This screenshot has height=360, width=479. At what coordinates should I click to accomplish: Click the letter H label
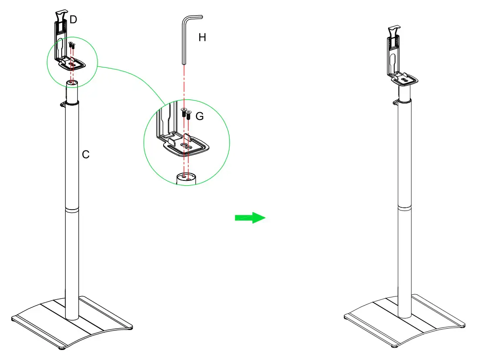click(x=202, y=38)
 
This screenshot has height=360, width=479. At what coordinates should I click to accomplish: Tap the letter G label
click(x=200, y=117)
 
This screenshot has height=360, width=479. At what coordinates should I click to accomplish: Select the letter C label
click(x=86, y=154)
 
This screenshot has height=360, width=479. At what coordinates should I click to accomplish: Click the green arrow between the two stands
click(x=250, y=218)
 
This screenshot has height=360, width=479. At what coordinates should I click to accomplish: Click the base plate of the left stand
click(x=72, y=322)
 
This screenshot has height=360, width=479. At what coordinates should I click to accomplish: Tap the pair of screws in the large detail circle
click(x=186, y=113)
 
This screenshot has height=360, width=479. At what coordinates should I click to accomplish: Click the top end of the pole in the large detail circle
click(x=186, y=177)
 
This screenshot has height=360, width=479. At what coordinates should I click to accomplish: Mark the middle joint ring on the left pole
click(x=72, y=210)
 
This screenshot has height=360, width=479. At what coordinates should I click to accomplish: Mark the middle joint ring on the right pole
click(x=405, y=208)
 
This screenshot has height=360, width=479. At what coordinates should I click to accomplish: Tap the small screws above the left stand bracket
click(x=72, y=44)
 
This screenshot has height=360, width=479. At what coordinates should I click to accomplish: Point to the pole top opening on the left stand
click(x=72, y=83)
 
